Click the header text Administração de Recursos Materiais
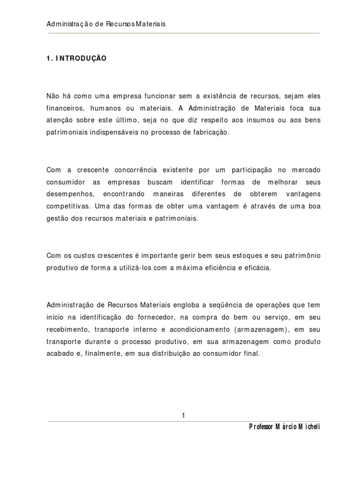point(106,24)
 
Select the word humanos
point(113,108)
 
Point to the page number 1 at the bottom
point(183,415)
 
